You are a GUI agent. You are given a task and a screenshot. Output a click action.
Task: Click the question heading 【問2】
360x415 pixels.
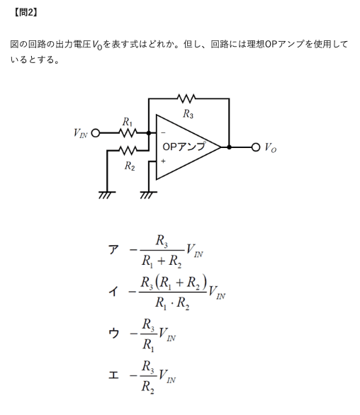(26, 13)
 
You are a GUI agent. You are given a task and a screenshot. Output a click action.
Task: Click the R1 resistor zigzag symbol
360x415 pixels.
(128, 133)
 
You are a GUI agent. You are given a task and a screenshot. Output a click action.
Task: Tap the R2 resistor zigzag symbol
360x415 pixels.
(128, 150)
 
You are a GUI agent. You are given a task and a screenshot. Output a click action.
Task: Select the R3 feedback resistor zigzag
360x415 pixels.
(186, 98)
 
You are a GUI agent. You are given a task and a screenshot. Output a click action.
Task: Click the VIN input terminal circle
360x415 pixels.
(96, 133)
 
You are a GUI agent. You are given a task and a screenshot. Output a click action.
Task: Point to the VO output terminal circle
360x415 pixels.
(256, 147)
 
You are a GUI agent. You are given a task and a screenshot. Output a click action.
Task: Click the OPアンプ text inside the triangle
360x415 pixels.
(184, 147)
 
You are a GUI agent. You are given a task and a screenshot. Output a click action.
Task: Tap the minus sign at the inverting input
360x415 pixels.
(163, 133)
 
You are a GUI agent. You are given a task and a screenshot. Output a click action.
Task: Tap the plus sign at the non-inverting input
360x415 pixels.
(163, 161)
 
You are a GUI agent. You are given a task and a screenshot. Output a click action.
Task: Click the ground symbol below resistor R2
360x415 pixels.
(107, 195)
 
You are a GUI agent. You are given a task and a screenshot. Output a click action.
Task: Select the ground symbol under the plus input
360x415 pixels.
(149, 195)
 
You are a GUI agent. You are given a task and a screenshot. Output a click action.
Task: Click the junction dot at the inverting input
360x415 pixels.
(149, 133)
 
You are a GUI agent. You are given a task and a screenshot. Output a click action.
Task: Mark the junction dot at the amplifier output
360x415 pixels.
(229, 147)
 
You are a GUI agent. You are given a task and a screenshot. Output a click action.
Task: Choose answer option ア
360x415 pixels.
(113, 249)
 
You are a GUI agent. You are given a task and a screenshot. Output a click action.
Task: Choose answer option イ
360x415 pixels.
(113, 292)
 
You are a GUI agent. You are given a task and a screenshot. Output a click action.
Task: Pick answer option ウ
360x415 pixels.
(113, 333)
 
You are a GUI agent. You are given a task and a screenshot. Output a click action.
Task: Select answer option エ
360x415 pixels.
(113, 375)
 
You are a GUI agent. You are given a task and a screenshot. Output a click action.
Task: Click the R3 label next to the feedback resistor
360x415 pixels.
(188, 114)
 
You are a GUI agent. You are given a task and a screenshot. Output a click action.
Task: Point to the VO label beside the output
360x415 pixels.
(271, 147)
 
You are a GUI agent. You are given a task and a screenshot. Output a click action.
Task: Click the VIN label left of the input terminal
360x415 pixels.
(80, 133)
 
